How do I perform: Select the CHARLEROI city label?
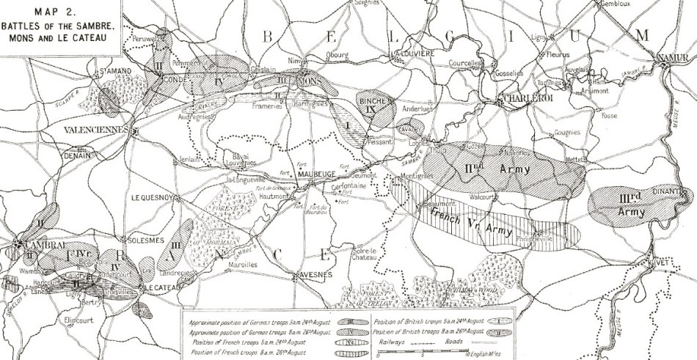pyautogui.click(x=523, y=100)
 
